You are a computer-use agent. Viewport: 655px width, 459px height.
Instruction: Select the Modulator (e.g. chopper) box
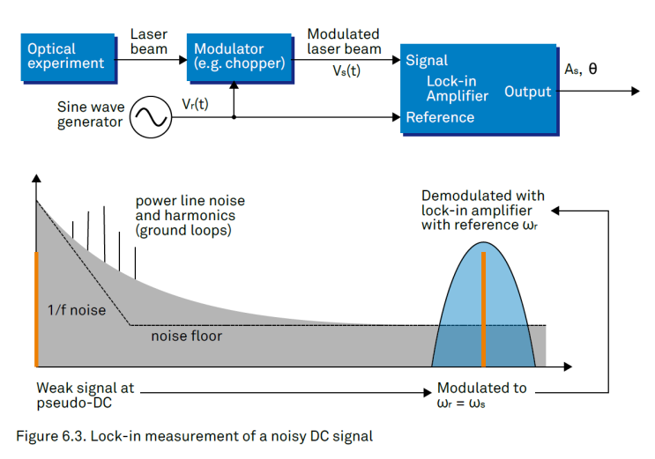point(238,56)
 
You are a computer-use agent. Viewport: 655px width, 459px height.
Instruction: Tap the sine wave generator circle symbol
point(151,115)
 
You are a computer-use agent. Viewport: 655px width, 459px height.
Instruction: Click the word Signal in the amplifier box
point(427,61)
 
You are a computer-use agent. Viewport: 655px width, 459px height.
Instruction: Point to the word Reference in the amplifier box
point(440,117)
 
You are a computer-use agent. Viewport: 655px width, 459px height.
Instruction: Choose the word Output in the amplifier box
point(527,92)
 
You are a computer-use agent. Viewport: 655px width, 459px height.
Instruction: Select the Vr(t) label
point(196,103)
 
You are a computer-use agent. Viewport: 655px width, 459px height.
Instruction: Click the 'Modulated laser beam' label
point(344,41)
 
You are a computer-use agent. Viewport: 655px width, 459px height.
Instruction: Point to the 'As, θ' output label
point(580,69)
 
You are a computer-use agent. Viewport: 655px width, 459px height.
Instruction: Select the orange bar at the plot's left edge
point(37,308)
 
